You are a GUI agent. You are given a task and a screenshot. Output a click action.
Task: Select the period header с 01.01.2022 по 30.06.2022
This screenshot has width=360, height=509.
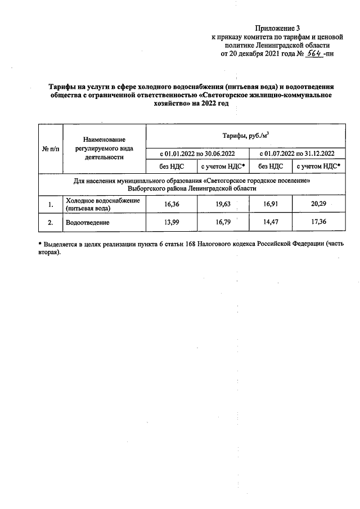197,153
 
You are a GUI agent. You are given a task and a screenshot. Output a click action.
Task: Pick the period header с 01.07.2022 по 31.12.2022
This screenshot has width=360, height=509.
296,153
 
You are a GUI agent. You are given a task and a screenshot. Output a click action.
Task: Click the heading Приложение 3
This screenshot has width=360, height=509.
278,28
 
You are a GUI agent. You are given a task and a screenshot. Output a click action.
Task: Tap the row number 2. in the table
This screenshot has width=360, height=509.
50,223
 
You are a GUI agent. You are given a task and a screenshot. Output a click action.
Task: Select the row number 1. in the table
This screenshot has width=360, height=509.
50,205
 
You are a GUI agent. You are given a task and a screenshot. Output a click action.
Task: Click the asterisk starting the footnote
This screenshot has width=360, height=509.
40,246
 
